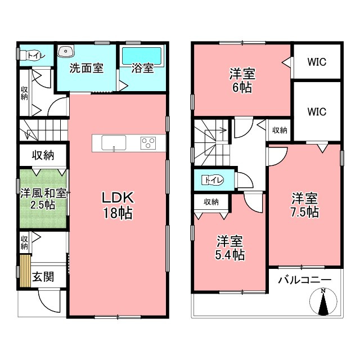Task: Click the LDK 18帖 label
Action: (118, 205)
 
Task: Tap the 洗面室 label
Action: (87, 68)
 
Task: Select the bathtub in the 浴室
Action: (142, 56)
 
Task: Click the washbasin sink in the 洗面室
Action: (66, 51)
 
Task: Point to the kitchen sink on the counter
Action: (114, 143)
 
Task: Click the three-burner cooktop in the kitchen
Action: (148, 143)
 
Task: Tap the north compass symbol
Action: (323, 301)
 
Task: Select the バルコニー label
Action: (305, 280)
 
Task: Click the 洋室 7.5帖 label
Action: (305, 205)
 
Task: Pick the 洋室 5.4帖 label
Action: (230, 247)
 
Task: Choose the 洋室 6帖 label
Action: (242, 80)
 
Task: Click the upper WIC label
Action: (317, 62)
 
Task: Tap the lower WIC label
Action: (317, 112)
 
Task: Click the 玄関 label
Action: (43, 277)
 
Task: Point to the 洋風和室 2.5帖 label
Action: (43, 199)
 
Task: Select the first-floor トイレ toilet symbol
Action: (32, 55)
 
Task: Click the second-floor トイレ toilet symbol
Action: (213, 180)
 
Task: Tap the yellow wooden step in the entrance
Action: (25, 271)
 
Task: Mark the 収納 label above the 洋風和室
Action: (43, 155)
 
